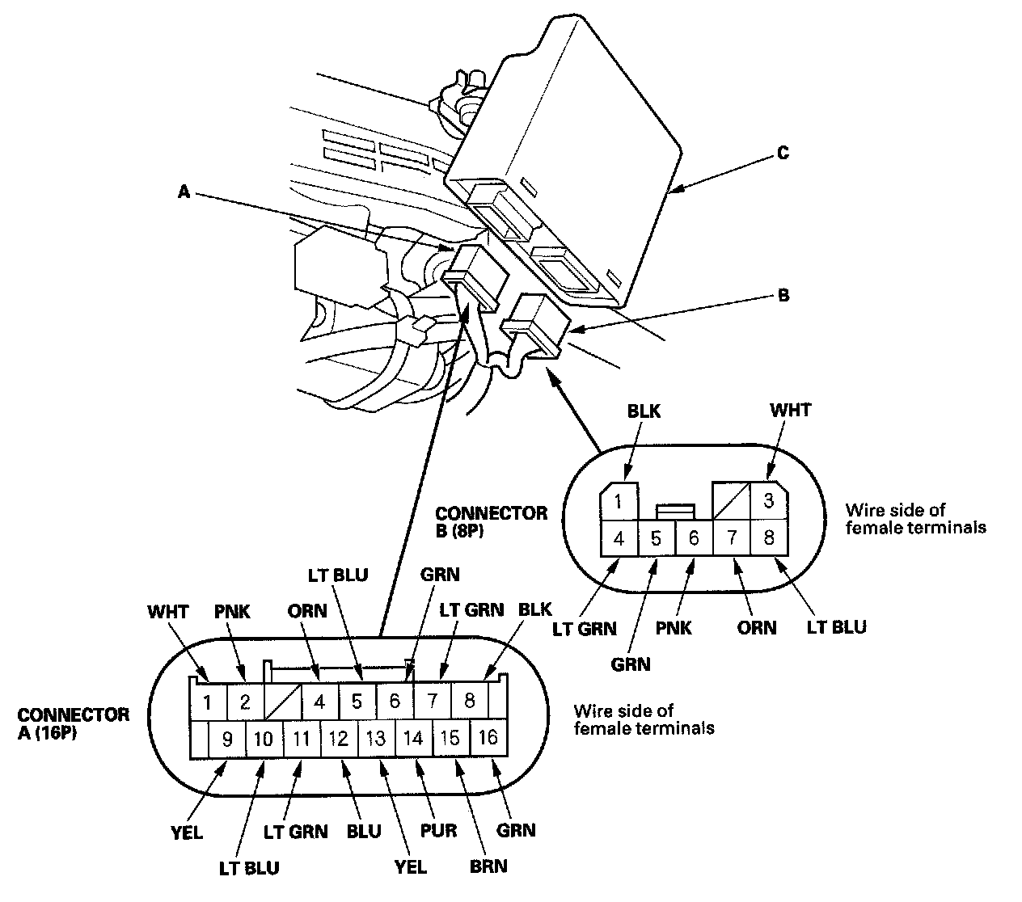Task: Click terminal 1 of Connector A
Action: pyautogui.click(x=207, y=702)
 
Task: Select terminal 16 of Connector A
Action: pyautogui.click(x=488, y=738)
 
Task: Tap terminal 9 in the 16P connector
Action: pyautogui.click(x=228, y=738)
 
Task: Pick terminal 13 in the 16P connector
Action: pyautogui.click(x=376, y=738)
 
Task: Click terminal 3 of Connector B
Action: pyautogui.click(x=769, y=500)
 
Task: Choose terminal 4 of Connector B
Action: pyautogui.click(x=619, y=537)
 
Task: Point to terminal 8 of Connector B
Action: pyautogui.click(x=769, y=537)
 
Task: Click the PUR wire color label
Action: pyautogui.click(x=440, y=831)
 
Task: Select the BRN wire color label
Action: pyautogui.click(x=488, y=866)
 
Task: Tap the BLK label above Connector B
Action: pyautogui.click(x=644, y=411)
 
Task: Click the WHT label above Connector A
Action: pyautogui.click(x=167, y=612)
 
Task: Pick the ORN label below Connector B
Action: pyautogui.click(x=757, y=628)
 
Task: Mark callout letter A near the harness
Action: pyautogui.click(x=184, y=192)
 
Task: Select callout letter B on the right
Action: pyautogui.click(x=783, y=295)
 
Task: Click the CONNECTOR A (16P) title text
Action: pyautogui.click(x=73, y=723)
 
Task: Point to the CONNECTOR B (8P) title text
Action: pyautogui.click(x=490, y=521)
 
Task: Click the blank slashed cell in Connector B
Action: pyautogui.click(x=731, y=500)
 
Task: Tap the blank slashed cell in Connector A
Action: pyautogui.click(x=282, y=702)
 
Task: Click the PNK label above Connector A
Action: pyautogui.click(x=233, y=612)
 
